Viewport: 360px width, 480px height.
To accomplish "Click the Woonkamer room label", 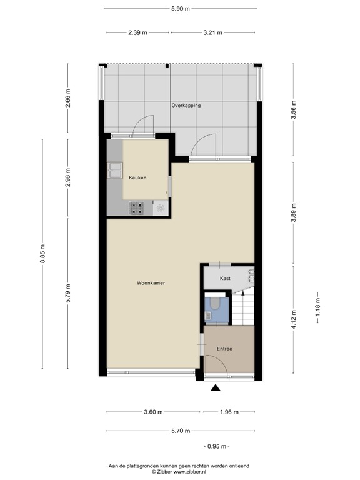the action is point(151,283).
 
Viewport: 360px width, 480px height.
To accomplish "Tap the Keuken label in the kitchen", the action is point(137,177).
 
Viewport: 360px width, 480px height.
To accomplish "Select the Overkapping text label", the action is point(186,105).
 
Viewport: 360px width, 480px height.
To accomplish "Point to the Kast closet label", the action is point(225,278).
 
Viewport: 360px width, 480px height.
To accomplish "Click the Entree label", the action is point(224,349).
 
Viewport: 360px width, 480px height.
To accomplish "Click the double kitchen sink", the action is point(115,170).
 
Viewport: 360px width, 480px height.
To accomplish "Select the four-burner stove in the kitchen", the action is point(136,208).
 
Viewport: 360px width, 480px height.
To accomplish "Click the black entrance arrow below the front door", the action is point(216,388).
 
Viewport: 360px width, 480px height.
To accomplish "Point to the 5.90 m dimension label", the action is point(180,9).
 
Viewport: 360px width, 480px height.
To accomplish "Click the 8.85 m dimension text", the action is point(42,254).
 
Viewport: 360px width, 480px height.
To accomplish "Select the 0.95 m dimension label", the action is point(217,446).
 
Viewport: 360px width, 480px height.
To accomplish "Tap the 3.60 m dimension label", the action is point(153,412).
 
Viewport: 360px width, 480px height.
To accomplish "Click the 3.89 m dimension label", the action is point(294,214).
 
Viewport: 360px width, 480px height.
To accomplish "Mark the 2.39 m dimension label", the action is point(137,32).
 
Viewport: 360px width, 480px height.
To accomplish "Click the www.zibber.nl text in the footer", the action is point(190,472).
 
